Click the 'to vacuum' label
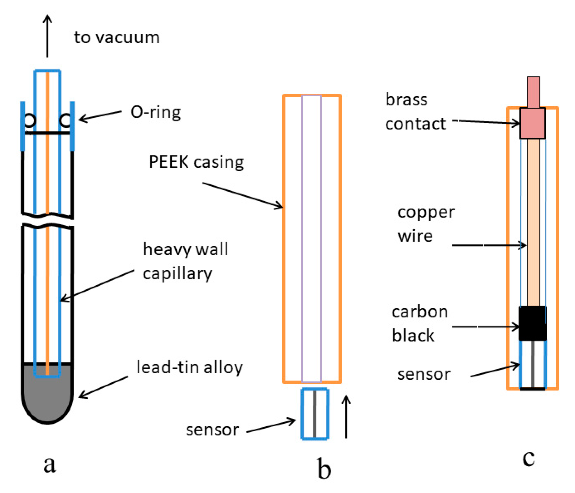point(117,37)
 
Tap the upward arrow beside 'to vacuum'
point(47,36)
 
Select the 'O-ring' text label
point(156,112)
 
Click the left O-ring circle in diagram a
point(30,120)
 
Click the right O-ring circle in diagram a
point(65,120)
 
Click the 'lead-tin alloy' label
point(189,367)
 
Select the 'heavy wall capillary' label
point(185,261)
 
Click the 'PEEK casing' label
point(196,162)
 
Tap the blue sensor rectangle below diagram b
point(315,414)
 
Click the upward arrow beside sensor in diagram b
point(346,417)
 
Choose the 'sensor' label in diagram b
point(212,430)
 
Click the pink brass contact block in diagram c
point(532,123)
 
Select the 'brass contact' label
point(415,112)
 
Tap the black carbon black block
point(532,323)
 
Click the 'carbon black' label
point(419,323)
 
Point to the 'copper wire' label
point(426,224)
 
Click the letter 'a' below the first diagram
point(50,464)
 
